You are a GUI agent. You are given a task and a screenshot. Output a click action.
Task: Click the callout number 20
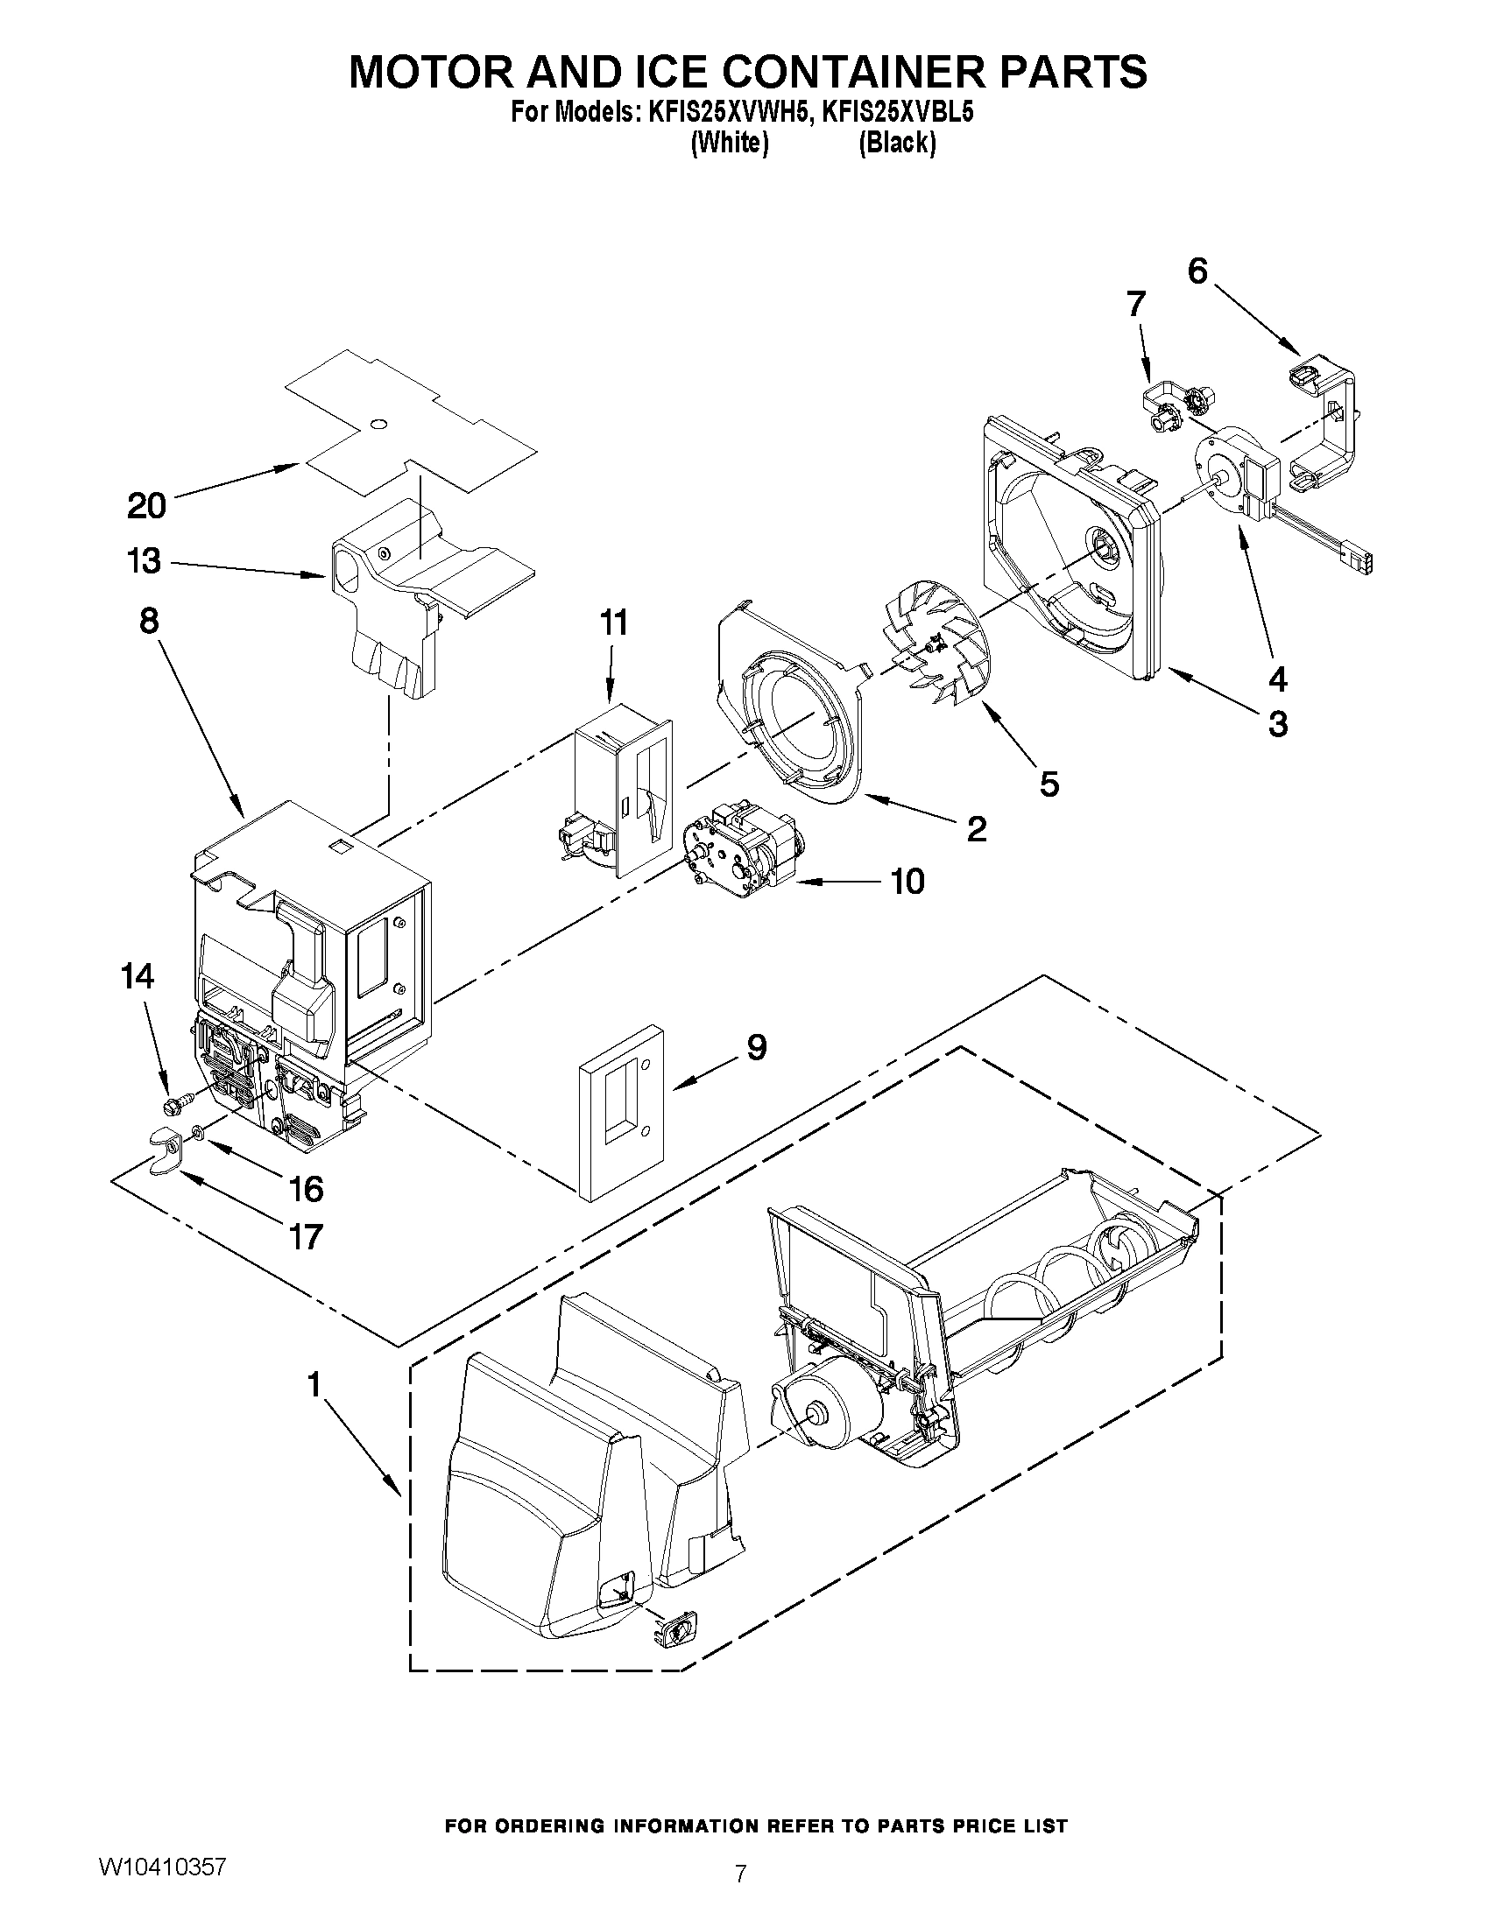(146, 506)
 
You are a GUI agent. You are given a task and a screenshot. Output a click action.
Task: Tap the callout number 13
(145, 561)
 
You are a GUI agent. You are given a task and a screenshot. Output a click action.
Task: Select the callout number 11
(613, 622)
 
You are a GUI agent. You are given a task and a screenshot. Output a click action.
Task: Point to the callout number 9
(757, 1047)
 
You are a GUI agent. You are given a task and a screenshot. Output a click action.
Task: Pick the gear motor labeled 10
(739, 847)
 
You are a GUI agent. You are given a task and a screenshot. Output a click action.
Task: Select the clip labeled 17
(160, 1150)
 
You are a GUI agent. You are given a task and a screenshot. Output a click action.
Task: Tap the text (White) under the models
(729, 142)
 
